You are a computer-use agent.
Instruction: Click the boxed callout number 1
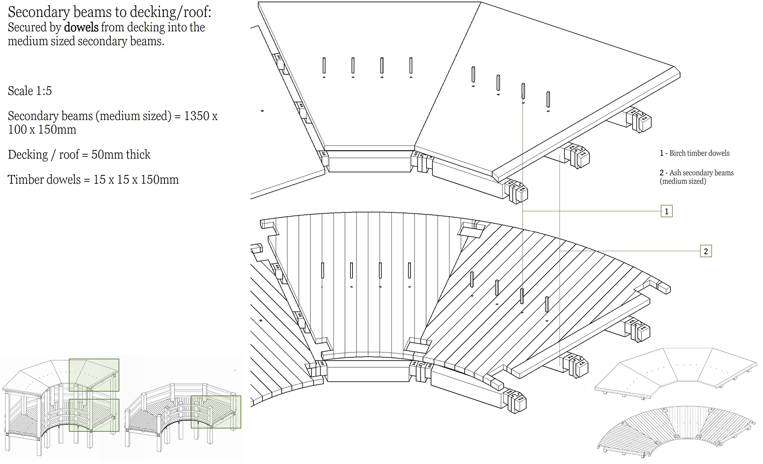click(666, 211)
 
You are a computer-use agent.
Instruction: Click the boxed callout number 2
click(706, 251)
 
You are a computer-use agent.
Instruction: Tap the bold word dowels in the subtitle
click(81, 27)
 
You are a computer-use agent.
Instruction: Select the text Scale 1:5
click(30, 91)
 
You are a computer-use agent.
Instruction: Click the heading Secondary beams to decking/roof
click(109, 12)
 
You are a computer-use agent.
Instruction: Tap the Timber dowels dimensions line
click(93, 179)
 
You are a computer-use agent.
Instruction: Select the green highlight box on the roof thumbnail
click(94, 375)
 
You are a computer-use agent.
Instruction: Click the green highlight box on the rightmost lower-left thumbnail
click(216, 412)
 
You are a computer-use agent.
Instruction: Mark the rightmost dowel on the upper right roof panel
click(548, 99)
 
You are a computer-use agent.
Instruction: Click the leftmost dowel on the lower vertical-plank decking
click(323, 270)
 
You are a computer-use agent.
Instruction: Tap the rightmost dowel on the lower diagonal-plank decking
click(547, 304)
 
